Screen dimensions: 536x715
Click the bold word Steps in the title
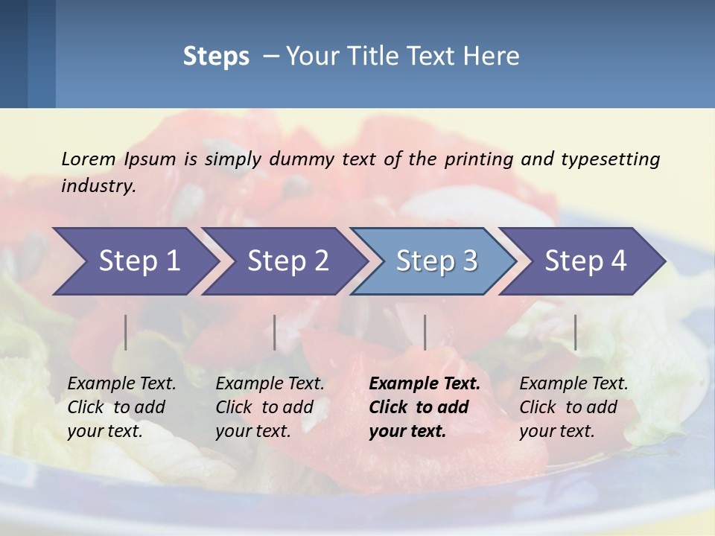click(216, 57)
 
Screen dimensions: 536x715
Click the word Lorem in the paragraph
click(88, 159)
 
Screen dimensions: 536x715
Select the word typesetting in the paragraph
click(611, 159)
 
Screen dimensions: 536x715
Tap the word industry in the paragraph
click(98, 185)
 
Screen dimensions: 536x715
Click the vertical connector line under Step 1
click(126, 332)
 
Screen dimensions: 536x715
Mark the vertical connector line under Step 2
click(275, 332)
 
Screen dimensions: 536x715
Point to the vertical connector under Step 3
click(425, 332)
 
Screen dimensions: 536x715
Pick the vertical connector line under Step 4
click(575, 332)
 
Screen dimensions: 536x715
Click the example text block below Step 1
click(121, 407)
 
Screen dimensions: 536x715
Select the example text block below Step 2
click(270, 407)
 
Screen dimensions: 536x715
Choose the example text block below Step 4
click(573, 407)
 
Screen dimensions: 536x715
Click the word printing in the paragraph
click(479, 159)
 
